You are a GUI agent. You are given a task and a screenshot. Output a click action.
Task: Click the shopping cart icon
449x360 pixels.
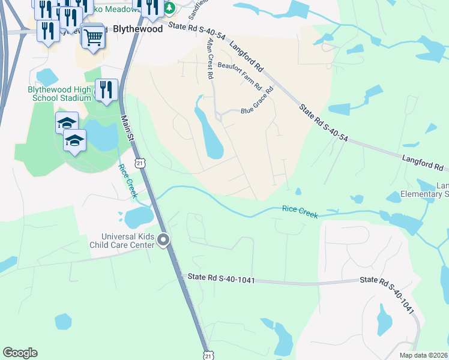93,37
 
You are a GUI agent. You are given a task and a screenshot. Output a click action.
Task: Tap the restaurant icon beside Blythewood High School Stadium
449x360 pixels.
106,90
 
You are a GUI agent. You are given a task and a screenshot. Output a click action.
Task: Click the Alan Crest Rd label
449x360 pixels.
209,58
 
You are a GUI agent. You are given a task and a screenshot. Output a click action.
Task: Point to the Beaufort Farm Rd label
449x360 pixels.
240,76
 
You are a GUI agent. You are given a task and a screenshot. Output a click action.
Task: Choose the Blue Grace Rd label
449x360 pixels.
257,102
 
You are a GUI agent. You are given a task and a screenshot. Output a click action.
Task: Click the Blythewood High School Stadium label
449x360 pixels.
59,94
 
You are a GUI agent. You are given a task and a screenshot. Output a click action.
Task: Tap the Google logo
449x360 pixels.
20,353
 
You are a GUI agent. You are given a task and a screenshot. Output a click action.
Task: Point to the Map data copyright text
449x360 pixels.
423,355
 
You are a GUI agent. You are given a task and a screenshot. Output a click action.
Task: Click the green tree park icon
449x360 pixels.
170,8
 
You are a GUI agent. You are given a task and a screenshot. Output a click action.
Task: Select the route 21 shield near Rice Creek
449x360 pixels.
139,163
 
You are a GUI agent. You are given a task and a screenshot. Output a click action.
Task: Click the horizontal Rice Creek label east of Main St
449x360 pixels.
300,212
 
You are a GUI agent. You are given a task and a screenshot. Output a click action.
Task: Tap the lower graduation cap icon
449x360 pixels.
75,141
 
